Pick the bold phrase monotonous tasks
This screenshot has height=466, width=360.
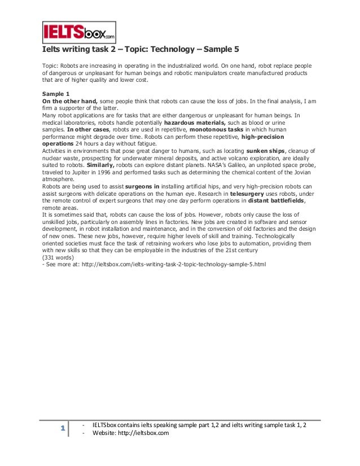coord(217,129)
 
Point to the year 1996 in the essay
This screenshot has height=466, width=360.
coord(99,173)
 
